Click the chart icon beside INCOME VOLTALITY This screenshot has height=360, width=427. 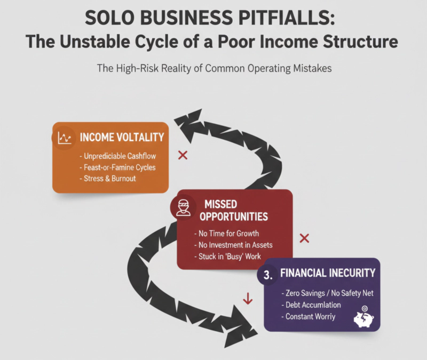coord(64,138)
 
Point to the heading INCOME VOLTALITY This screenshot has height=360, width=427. coord(121,138)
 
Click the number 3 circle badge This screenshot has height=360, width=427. coord(268,275)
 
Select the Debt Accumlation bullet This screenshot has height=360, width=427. coord(311,306)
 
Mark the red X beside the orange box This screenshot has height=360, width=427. coord(182,155)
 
